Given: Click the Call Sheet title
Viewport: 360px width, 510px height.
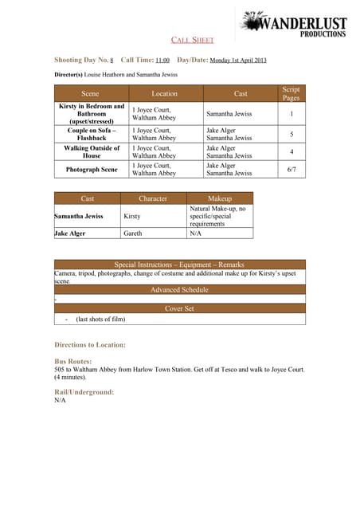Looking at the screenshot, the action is [192, 40].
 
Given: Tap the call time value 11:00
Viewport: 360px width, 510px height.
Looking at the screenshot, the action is [162, 61].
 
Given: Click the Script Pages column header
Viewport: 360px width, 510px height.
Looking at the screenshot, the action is [291, 93].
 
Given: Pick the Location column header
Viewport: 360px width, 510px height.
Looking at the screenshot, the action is [164, 94].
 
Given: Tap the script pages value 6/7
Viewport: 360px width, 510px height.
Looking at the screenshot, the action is [291, 169].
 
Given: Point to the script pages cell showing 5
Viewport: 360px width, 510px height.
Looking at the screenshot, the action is [291, 134].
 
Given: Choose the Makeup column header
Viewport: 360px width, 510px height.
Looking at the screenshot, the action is [219, 198].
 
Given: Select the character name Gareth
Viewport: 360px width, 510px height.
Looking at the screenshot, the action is [133, 233].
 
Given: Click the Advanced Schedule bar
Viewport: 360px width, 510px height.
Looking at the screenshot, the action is [179, 290].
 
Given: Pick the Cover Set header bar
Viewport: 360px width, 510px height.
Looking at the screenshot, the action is [179, 308].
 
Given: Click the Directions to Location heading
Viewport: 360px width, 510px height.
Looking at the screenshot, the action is [90, 345].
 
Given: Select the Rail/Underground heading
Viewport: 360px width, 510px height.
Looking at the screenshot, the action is [84, 392].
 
